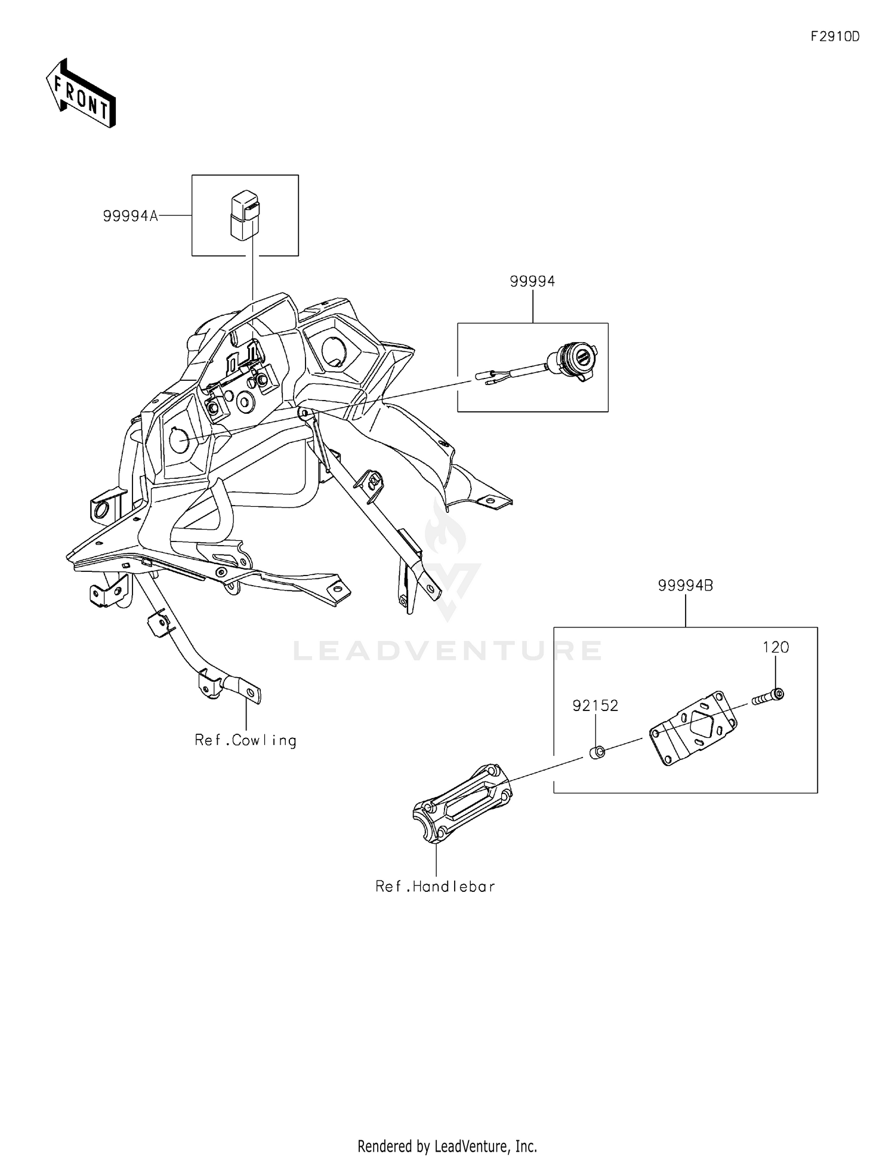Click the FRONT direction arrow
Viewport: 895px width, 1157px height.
coord(81,94)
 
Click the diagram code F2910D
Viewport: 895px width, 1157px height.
coord(835,37)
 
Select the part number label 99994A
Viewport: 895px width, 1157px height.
coord(130,216)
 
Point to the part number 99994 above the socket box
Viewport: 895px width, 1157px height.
coord(532,281)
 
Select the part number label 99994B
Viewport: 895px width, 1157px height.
coord(686,586)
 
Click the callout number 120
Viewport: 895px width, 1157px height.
coord(776,647)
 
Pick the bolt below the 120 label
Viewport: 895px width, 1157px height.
coord(769,697)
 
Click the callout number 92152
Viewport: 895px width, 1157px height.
coord(595,706)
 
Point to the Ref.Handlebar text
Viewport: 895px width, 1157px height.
coord(435,887)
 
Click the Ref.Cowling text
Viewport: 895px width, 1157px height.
coord(245,741)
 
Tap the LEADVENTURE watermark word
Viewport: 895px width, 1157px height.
coord(447,650)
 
